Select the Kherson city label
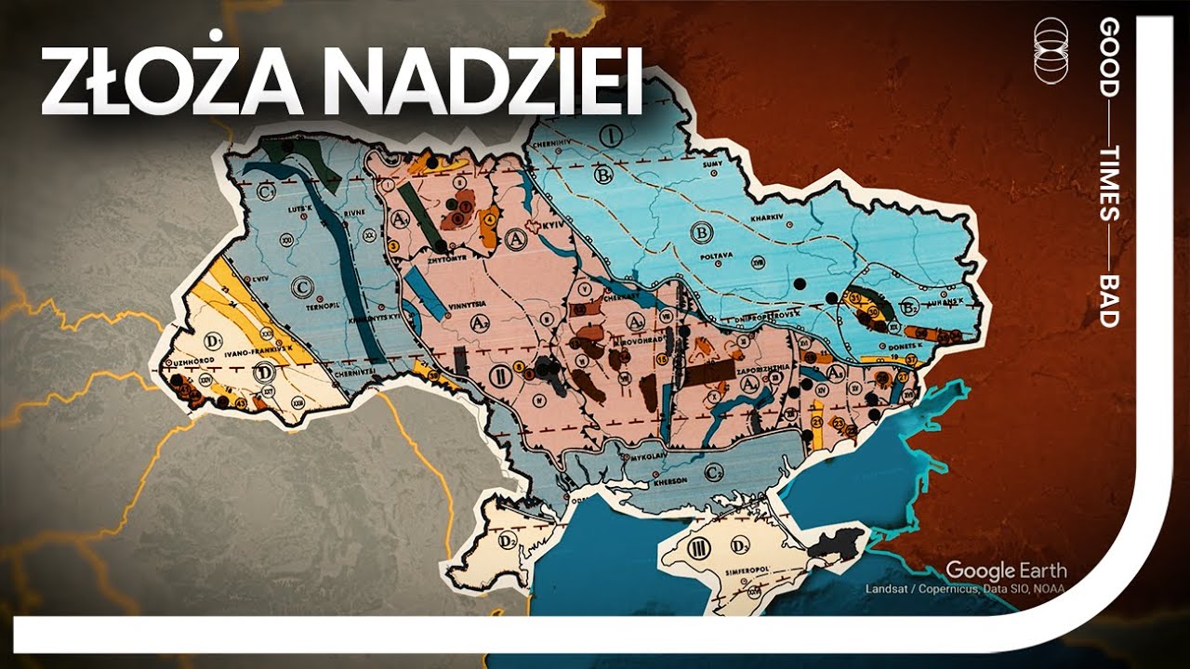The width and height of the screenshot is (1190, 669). point(670,479)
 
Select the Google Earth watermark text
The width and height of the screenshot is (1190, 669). point(1006,570)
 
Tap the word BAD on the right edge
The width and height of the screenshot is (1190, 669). point(1109,300)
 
